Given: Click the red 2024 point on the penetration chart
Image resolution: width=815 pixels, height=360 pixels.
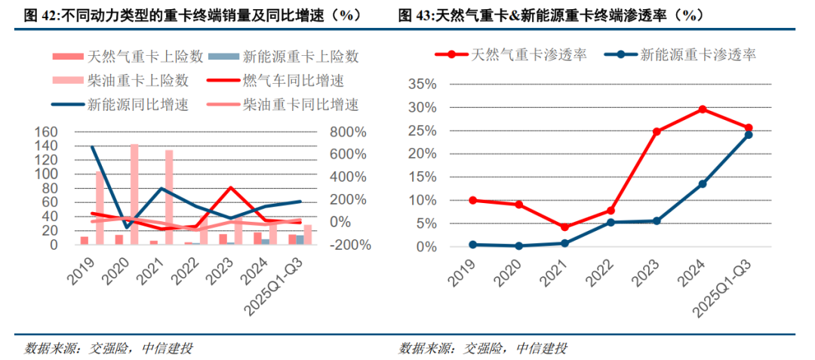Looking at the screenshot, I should point(703,109).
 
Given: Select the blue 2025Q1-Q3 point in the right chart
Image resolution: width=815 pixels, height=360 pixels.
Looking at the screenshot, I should point(749,134).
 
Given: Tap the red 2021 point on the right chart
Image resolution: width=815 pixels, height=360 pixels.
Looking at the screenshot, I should point(564,226).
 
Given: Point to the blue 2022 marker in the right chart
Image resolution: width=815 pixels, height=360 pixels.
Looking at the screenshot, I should point(610,222).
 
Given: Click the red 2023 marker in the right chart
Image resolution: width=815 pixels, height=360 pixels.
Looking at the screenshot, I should point(657,131).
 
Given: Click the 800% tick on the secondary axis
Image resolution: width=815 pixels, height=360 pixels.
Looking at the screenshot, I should point(324,132).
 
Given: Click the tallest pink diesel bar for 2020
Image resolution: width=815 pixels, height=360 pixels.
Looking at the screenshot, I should point(134,194).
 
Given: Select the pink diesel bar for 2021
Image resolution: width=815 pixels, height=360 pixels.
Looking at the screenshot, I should point(169,197).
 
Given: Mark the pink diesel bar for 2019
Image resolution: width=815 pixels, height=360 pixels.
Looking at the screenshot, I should point(100,208).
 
